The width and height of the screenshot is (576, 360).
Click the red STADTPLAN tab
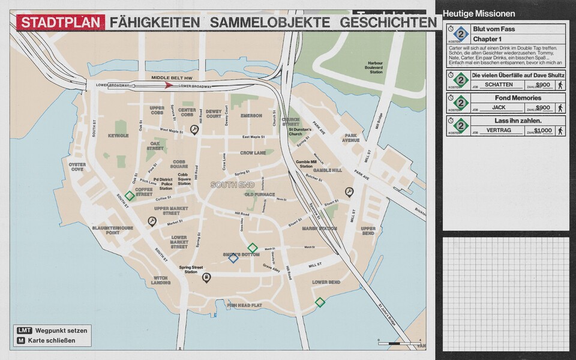tap(61, 23)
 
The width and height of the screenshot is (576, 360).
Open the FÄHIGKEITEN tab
tap(155, 23)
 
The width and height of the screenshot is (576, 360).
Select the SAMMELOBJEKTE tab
tap(269, 23)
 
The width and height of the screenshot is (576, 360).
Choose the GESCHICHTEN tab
tap(388, 23)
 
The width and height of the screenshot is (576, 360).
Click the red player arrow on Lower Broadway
tap(169, 86)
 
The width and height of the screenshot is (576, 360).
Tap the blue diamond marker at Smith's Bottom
tap(233, 258)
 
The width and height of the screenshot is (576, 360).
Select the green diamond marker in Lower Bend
tap(320, 302)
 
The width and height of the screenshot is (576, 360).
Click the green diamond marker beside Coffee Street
tap(130, 195)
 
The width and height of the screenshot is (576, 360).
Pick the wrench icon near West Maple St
tap(194, 129)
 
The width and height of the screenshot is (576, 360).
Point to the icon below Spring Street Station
tap(206, 277)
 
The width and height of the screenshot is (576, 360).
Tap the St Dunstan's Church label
tap(299, 131)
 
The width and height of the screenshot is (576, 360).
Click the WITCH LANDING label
tap(161, 280)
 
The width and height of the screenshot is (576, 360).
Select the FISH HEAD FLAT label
tap(245, 305)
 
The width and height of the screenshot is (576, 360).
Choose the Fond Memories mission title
tap(518, 98)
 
